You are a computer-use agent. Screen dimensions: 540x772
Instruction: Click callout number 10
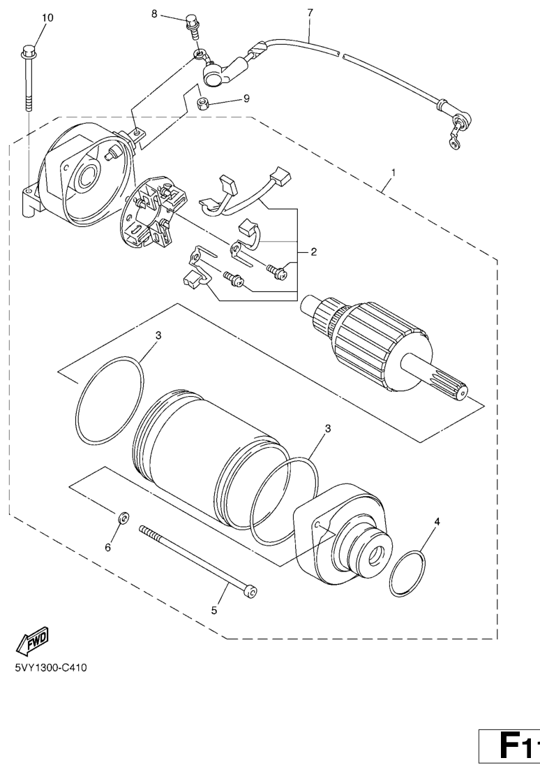coord(47,17)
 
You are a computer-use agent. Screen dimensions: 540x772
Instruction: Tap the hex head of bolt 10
coord(29,51)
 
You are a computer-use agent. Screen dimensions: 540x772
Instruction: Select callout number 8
coord(154,14)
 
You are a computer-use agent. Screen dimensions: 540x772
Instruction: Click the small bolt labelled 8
coord(192,27)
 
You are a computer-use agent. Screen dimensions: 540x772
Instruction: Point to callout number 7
coord(310,13)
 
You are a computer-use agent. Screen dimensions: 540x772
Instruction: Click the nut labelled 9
coord(203,104)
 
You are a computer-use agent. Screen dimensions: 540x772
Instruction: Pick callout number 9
coord(246,99)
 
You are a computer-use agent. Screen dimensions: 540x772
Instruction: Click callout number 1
coord(393,173)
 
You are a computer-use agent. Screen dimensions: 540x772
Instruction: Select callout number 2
coord(313,252)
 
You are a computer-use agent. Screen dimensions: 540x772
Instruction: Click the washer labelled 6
coord(123,518)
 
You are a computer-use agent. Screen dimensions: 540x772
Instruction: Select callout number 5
coord(214,610)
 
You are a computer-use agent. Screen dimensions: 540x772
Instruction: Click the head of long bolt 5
coord(250,591)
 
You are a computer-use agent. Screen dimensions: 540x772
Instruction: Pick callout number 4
coord(437,520)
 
